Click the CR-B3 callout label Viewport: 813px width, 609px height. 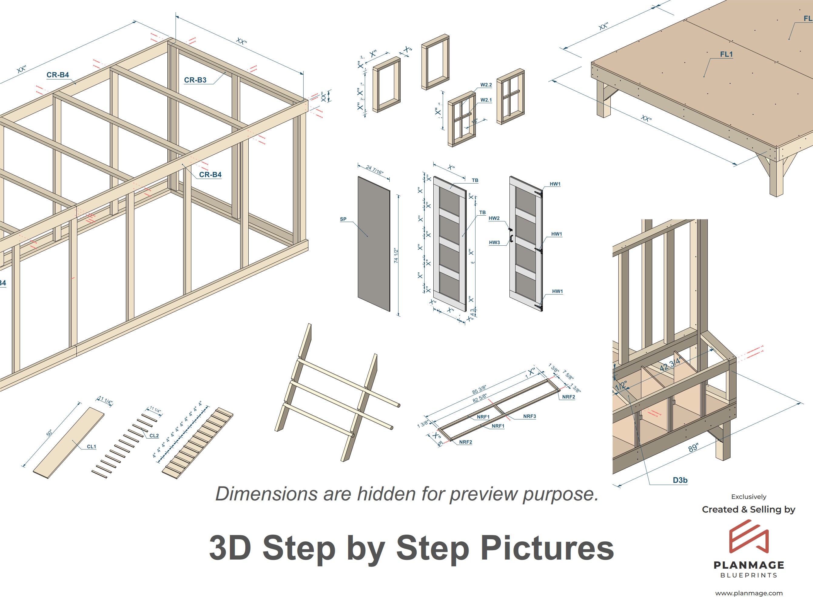point(195,80)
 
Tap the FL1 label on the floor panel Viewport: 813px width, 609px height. point(726,54)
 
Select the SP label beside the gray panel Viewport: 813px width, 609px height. point(343,219)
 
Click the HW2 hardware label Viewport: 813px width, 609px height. point(494,218)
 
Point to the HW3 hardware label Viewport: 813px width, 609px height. point(494,243)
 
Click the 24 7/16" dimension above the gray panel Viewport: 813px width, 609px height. point(375,170)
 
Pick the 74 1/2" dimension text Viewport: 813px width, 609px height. point(396,255)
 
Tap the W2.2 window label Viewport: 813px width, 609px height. point(486,85)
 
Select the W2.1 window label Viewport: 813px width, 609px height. point(486,100)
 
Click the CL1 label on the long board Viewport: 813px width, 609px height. point(92,446)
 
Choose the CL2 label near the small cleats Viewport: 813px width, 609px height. point(154,436)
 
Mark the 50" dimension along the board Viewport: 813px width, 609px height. point(49,433)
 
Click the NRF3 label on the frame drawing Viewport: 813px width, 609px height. point(529,416)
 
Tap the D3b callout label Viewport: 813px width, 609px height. point(680,480)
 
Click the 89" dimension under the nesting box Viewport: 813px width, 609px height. point(693,448)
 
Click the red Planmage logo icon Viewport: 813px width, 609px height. point(749,537)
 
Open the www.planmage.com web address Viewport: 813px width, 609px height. point(749,593)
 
